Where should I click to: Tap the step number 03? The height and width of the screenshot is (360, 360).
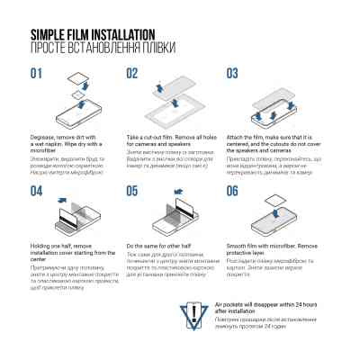click(x=232, y=74)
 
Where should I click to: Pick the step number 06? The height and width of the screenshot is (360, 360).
click(x=232, y=191)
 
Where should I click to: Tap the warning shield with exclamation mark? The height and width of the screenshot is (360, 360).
click(x=197, y=314)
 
